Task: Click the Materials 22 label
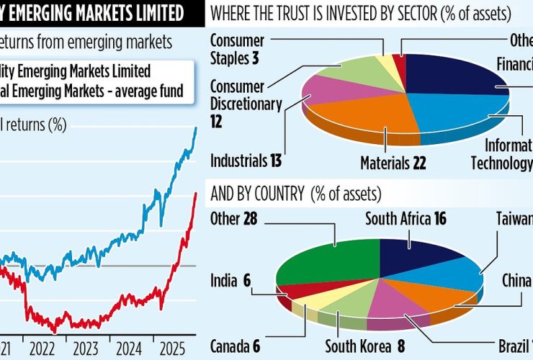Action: (393, 163)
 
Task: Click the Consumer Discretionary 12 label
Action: (246, 104)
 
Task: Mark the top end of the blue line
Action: (195, 128)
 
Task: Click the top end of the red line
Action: (195, 193)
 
